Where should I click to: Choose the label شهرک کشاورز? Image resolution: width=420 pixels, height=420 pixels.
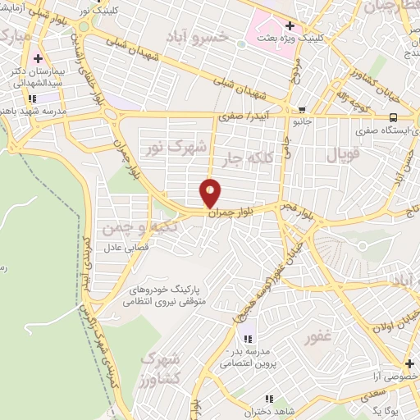161,370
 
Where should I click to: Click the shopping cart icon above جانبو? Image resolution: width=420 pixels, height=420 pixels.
302,109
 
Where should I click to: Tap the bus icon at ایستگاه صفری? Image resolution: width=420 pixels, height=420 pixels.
394,117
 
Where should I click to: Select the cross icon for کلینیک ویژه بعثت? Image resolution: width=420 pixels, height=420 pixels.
289,25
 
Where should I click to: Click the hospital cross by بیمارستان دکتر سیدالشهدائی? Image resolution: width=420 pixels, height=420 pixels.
38,59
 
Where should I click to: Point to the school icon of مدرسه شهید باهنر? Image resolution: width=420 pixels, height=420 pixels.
32,98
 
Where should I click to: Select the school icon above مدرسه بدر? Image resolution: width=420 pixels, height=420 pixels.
247,338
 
